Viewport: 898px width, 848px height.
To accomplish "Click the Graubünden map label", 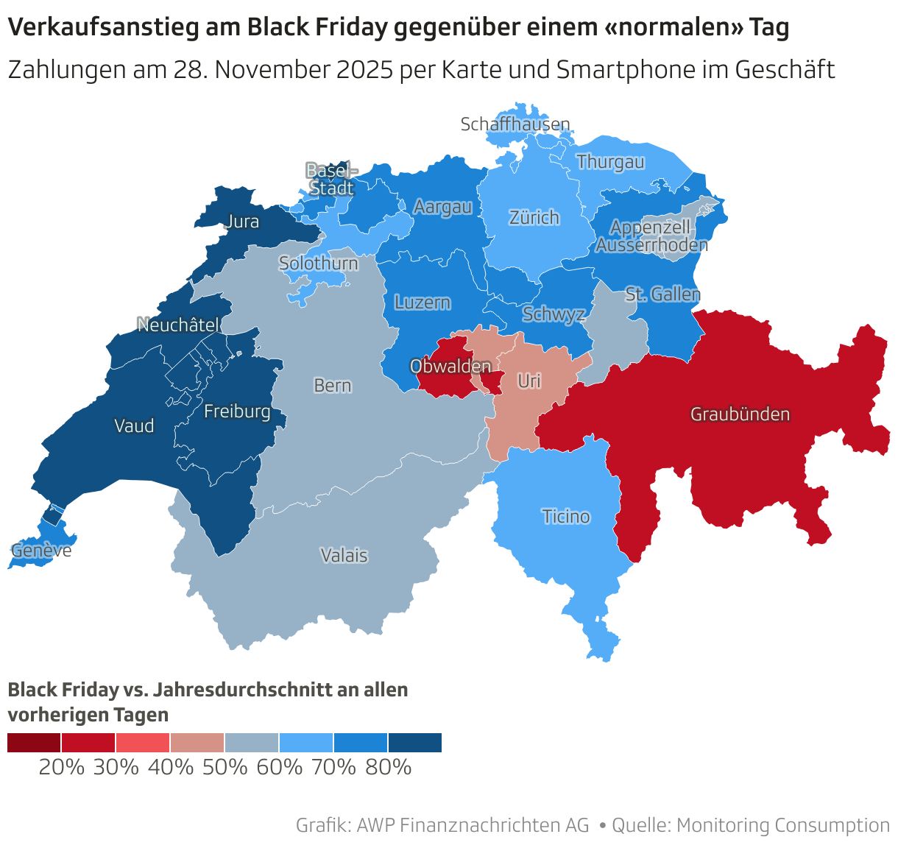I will (740, 414).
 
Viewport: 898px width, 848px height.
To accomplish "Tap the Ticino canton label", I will (566, 516).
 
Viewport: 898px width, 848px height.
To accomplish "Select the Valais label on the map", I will (344, 555).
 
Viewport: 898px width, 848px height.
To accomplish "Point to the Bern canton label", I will (333, 385).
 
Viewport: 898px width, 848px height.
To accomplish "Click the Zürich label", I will (534, 217).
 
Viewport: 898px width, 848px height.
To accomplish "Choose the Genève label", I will (41, 550).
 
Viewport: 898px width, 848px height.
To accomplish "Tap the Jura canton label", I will (242, 221).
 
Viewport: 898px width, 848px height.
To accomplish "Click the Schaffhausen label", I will (515, 124).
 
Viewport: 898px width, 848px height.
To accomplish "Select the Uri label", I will (529, 381).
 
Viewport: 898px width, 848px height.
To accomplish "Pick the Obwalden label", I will (450, 366).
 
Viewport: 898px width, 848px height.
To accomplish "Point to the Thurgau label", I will (610, 161).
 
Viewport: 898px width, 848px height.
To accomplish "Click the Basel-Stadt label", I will (331, 179).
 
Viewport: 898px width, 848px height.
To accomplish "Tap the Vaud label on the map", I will (134, 425).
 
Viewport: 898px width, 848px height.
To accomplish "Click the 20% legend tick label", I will (62, 767).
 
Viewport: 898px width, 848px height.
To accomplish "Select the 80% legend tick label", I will (388, 767).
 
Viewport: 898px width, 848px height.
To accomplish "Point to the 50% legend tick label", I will (224, 767).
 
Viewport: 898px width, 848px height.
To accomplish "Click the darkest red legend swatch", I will (34, 743).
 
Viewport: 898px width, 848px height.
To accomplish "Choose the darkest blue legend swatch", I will (415, 743).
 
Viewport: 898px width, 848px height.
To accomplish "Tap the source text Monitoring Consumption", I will (783, 825).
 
